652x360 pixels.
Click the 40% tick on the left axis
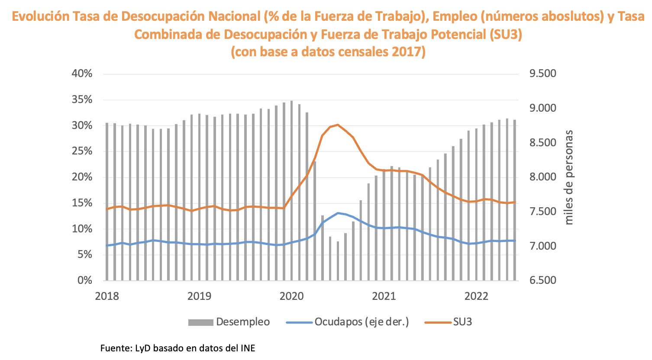click(82, 74)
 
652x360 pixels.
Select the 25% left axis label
click(82, 151)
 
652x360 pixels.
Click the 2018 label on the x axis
click(107, 296)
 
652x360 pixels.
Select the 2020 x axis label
click(291, 296)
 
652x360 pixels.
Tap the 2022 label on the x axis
click(476, 296)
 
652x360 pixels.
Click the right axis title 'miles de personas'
click(569, 177)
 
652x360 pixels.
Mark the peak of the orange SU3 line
click(338, 125)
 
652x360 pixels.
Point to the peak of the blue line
click(338, 213)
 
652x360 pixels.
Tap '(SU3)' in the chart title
click(506, 34)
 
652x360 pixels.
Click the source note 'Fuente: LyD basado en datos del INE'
click(178, 348)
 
